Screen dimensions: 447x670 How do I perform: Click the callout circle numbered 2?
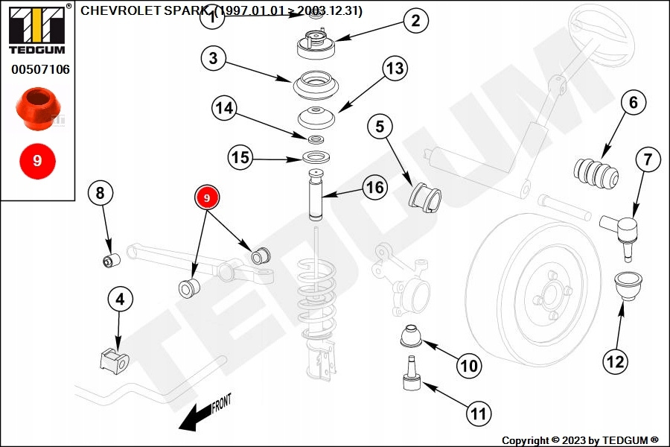point(415,21)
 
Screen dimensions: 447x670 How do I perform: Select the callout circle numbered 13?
point(395,69)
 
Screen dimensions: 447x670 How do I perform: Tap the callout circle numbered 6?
point(633,102)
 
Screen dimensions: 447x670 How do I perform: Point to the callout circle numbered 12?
point(615,362)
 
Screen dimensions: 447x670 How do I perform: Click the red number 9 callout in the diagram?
point(208,197)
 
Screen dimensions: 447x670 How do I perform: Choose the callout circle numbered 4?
point(120,300)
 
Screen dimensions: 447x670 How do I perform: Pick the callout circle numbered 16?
point(376,187)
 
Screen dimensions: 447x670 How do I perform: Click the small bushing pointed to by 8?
point(111,260)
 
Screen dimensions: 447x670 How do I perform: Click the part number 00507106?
point(40,70)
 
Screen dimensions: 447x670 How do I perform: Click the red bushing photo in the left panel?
point(37,106)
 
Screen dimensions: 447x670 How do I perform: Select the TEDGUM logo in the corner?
point(36,29)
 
